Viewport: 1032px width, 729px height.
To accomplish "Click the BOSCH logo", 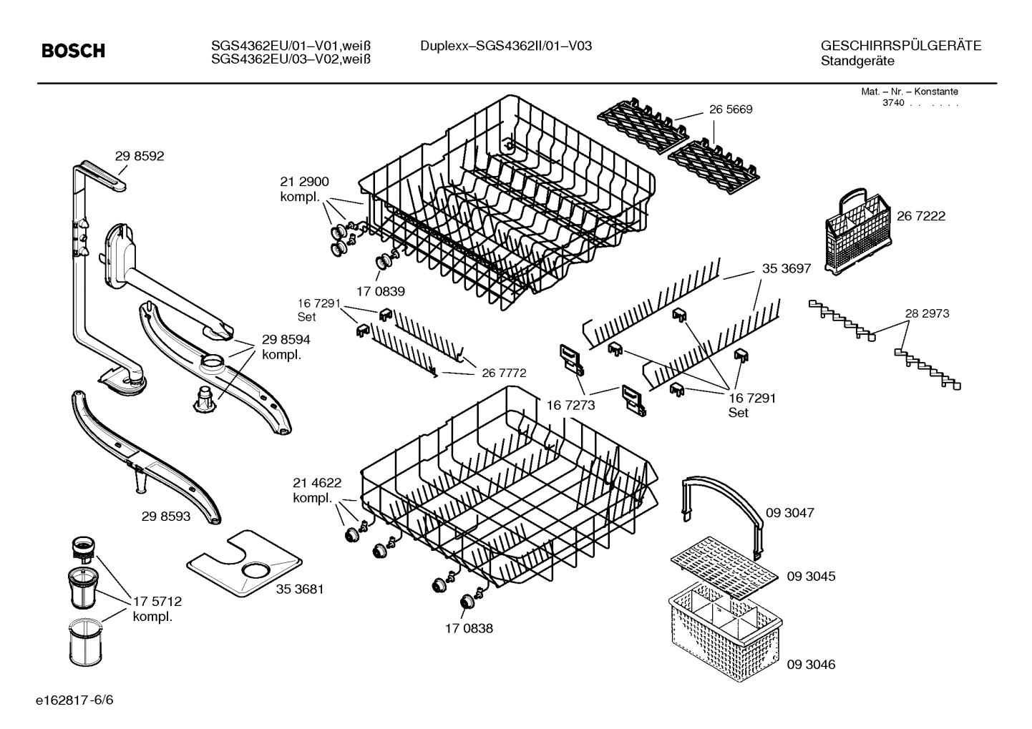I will pos(73,51).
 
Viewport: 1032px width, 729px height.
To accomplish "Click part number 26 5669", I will pos(731,110).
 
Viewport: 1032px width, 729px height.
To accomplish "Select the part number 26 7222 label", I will pos(920,216).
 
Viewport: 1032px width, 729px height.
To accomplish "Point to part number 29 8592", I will pos(139,156).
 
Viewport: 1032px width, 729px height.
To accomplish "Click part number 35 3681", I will pos(300,589).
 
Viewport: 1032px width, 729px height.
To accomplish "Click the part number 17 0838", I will pos(469,628).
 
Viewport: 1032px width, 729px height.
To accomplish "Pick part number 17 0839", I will pos(381,291).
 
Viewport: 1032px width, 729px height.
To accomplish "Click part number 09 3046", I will pos(811,665).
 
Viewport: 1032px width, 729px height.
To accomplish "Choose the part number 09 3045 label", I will pos(811,576).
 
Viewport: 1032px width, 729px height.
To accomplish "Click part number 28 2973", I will pos(927,313).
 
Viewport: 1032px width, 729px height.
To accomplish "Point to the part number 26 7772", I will pos(504,373).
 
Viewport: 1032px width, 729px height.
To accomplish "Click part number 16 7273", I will pos(570,405).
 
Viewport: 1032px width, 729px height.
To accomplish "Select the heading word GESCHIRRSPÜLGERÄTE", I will pos(901,47).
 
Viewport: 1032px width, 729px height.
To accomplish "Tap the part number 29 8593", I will pos(166,515).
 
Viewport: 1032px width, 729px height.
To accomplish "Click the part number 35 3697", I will pos(786,269).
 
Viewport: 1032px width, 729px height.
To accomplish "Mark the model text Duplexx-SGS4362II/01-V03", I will pos(506,47).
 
